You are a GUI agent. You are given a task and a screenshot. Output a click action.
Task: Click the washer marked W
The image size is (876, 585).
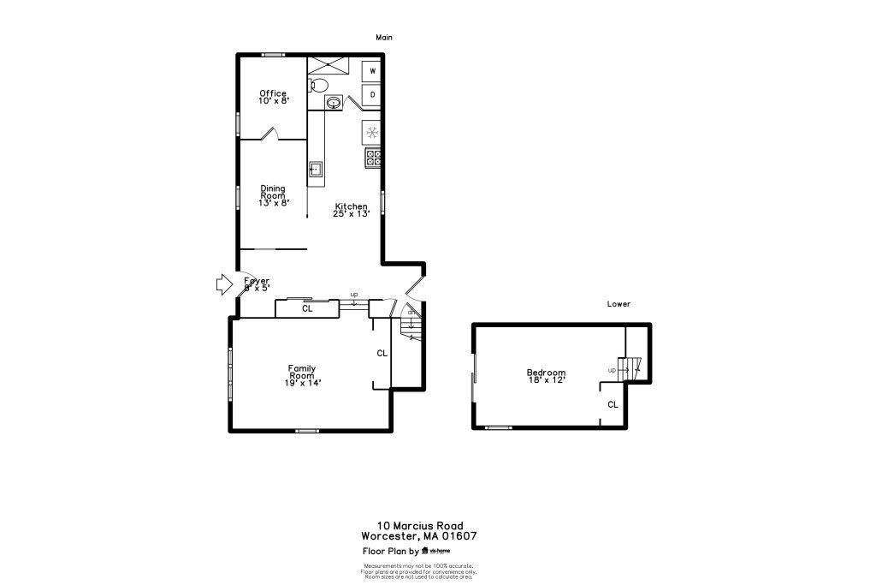(x=372, y=71)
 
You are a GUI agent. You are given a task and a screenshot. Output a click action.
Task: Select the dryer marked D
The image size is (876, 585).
(x=372, y=94)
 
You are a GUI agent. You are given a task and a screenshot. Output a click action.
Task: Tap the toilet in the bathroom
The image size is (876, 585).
(x=318, y=85)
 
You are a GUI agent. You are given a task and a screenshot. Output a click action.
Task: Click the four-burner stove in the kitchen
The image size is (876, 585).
(x=373, y=157)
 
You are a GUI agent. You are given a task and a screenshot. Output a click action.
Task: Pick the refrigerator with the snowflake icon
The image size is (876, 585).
(x=371, y=132)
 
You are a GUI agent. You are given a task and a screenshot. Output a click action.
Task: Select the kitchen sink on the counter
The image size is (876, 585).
(x=316, y=170)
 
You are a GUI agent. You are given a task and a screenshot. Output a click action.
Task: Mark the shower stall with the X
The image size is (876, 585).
(x=328, y=64)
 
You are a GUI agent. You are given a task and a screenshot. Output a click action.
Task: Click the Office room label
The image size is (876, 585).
(x=274, y=93)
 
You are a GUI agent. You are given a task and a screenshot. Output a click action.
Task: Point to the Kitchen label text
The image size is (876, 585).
(x=351, y=206)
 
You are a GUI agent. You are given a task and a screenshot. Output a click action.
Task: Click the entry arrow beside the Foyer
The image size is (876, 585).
(x=223, y=284)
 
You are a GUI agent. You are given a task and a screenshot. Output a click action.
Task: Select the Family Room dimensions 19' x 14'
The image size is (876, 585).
(x=301, y=383)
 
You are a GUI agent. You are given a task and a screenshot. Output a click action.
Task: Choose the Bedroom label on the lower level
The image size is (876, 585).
(x=546, y=373)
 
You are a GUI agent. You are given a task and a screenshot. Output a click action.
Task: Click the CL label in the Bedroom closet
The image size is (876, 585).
(x=613, y=404)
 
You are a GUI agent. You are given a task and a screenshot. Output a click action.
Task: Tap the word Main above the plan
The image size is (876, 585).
(x=384, y=38)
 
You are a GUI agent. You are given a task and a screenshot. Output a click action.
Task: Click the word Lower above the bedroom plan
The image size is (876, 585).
(x=619, y=304)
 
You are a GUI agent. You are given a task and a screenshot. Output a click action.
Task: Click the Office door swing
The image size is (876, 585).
(x=269, y=133)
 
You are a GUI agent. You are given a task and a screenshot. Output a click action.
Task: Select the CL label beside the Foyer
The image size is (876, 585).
(x=307, y=307)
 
